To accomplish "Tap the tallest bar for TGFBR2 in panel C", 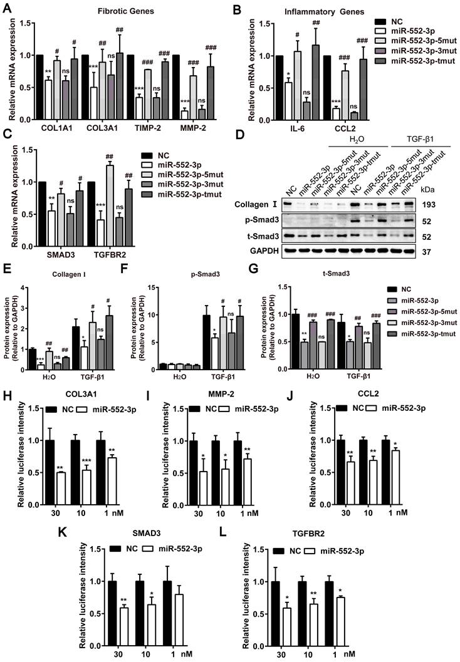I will click(x=163, y=206).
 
